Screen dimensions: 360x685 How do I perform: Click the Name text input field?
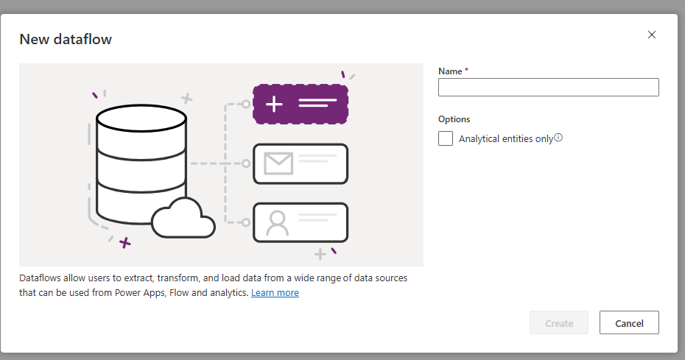[x=548, y=88]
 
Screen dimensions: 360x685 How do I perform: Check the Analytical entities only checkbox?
[x=446, y=138]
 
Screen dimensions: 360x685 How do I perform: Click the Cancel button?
[x=629, y=322]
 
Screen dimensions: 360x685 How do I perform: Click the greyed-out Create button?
[x=559, y=322]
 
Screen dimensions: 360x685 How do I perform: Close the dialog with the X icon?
[x=651, y=35]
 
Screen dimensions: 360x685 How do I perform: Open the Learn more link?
[x=275, y=293]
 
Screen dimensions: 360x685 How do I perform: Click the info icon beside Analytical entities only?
[x=558, y=138]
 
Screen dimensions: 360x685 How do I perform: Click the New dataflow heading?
[x=66, y=39]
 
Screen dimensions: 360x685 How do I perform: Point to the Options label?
[x=454, y=119]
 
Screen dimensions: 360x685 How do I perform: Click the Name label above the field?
[x=452, y=71]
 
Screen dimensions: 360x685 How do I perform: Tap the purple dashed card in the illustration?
[x=300, y=103]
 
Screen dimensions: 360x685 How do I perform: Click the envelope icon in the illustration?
[x=278, y=163]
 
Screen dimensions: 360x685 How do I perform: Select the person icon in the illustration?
[x=277, y=222]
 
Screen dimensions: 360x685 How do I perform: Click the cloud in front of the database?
[x=183, y=218]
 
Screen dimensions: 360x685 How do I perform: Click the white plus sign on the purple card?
[x=274, y=104]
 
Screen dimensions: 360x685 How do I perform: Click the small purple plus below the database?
[x=126, y=242]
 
